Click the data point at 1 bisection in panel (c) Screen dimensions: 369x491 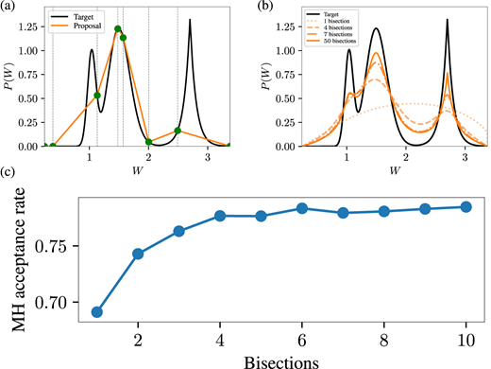click(x=97, y=311)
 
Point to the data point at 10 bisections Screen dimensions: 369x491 click(x=466, y=206)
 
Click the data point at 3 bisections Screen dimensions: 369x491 click(x=178, y=231)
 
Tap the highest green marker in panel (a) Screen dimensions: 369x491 click(x=118, y=29)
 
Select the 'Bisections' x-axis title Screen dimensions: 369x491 click(x=280, y=360)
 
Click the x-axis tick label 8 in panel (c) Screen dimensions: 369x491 click(x=383, y=340)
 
